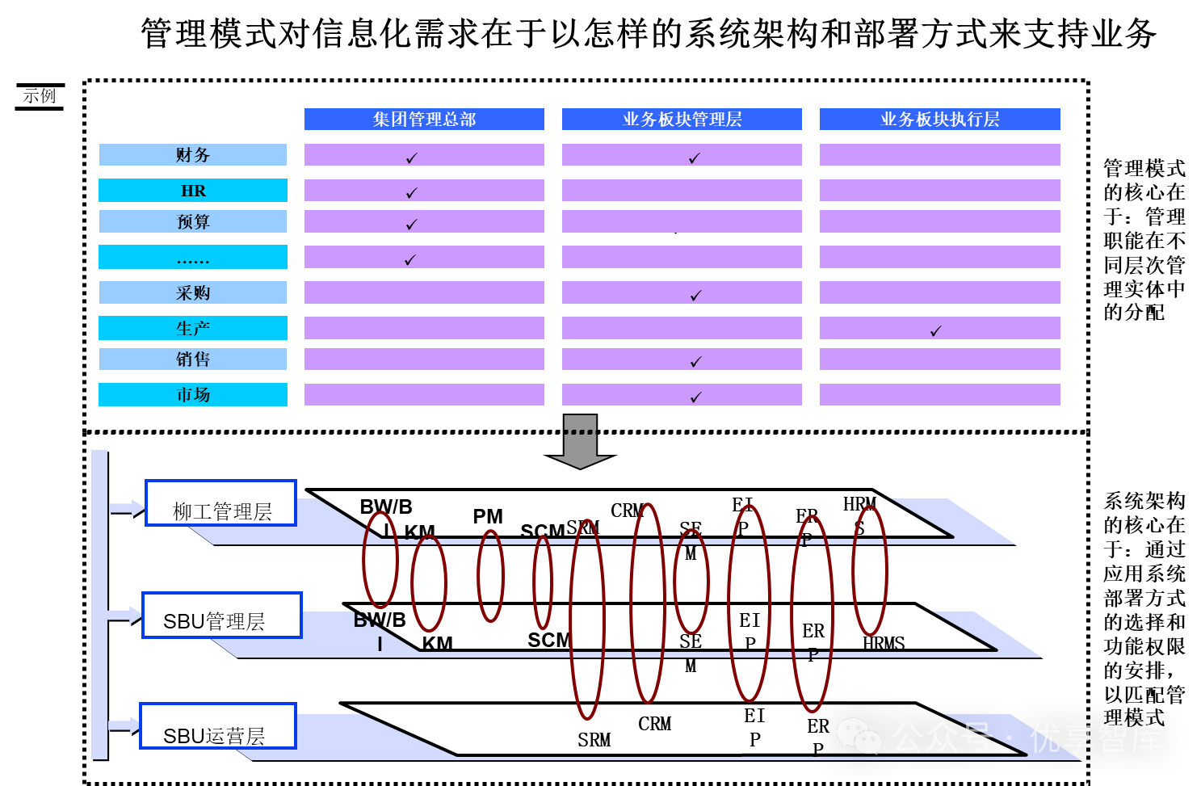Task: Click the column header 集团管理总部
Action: pyautogui.click(x=424, y=120)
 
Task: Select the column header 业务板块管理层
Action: pyautogui.click(x=682, y=120)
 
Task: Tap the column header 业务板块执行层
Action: pyautogui.click(x=939, y=120)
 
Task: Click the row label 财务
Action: pyautogui.click(x=193, y=155)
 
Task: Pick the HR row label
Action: pyautogui.click(x=193, y=191)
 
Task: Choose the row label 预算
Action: pyautogui.click(x=193, y=221)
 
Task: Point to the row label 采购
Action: pyautogui.click(x=193, y=292)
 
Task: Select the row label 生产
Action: pyautogui.click(x=193, y=328)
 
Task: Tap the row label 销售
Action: pyautogui.click(x=193, y=359)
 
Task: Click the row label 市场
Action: pyautogui.click(x=193, y=395)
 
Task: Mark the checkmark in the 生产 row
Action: pyautogui.click(x=936, y=330)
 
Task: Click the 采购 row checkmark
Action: pyautogui.click(x=696, y=296)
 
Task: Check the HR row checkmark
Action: pyautogui.click(x=412, y=192)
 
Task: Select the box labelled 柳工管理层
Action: pyautogui.click(x=221, y=503)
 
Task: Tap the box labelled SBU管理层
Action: pyautogui.click(x=222, y=616)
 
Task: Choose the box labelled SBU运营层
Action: pyautogui.click(x=218, y=726)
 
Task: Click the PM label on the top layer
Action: pyautogui.click(x=488, y=516)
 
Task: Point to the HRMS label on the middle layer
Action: pyautogui.click(x=884, y=644)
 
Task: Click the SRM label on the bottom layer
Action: pyautogui.click(x=594, y=740)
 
